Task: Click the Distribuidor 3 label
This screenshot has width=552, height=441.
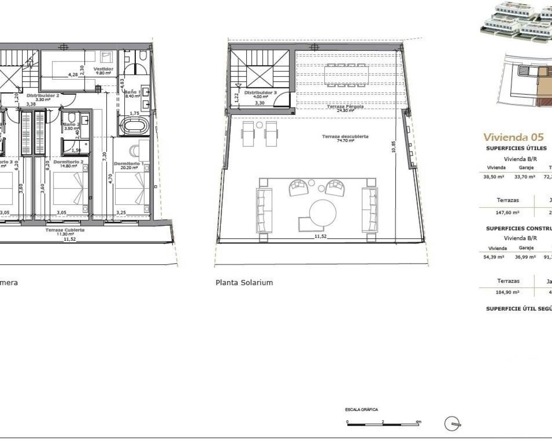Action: click(x=260, y=93)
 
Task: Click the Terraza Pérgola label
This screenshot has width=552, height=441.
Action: click(x=345, y=106)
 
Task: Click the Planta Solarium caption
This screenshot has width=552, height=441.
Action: click(x=244, y=283)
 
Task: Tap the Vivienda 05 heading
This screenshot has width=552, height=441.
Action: click(x=513, y=137)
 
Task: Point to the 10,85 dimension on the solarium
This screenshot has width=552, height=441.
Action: click(x=393, y=147)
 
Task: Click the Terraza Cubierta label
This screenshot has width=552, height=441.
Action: click(x=65, y=230)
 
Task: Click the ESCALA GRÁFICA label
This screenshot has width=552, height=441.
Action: click(x=361, y=410)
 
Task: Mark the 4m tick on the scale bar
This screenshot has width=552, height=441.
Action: click(x=418, y=422)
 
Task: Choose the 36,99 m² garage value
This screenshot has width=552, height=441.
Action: click(x=526, y=257)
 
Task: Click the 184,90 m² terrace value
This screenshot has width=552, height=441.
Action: click(x=508, y=292)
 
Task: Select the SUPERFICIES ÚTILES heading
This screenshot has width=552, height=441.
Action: click(x=516, y=148)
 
